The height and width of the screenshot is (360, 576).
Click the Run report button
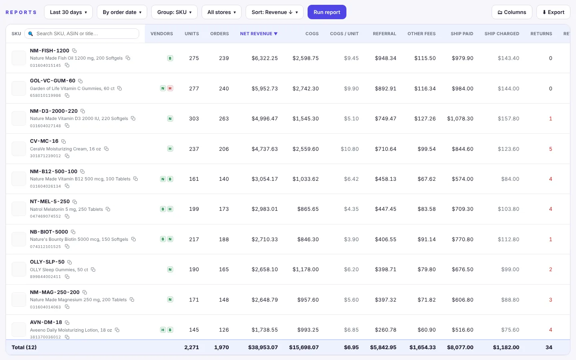tap(327, 12)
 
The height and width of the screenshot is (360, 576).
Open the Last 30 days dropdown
tap(68, 12)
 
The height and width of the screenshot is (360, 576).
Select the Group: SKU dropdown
tap(174, 12)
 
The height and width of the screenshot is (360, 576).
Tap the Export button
tap(553, 12)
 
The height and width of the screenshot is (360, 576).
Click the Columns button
tap(512, 12)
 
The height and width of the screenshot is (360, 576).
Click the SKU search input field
tap(82, 34)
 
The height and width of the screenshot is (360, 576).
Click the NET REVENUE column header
tap(259, 34)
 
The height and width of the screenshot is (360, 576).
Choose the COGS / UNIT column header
tap(344, 34)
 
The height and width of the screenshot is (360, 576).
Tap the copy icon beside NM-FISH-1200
tap(74, 51)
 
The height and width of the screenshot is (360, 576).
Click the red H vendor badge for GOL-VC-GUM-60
tap(170, 88)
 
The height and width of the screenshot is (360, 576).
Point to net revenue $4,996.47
tap(265, 118)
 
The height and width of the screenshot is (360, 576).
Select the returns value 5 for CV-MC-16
tap(550, 149)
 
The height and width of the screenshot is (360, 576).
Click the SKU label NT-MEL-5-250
tap(50, 201)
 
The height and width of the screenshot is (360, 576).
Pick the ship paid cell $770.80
tap(462, 239)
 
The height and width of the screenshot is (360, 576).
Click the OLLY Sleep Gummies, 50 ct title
tap(59, 270)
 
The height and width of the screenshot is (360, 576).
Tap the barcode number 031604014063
tap(46, 307)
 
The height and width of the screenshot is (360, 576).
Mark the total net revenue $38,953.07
tap(263, 347)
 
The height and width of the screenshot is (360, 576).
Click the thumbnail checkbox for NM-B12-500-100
tap(19, 179)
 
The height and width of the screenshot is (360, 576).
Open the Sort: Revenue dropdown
tap(274, 12)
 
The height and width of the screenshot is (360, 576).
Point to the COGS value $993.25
tap(308, 330)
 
